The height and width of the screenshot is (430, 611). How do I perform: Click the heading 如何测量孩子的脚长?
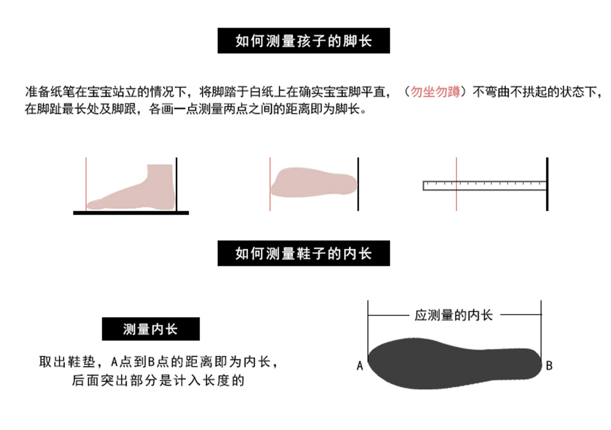pyautogui.click(x=303, y=41)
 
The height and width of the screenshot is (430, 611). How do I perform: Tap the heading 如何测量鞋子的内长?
pyautogui.click(x=303, y=253)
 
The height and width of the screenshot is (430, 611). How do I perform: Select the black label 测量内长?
pyautogui.click(x=151, y=329)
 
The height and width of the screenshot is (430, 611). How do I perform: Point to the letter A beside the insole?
pyautogui.click(x=360, y=365)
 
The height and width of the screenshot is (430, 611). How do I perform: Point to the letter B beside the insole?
pyautogui.click(x=549, y=365)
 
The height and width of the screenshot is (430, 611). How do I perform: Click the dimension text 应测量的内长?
pyautogui.click(x=454, y=316)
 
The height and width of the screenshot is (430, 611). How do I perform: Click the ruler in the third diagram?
pyautogui.click(x=484, y=185)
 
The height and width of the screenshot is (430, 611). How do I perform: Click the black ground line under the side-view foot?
pyautogui.click(x=131, y=213)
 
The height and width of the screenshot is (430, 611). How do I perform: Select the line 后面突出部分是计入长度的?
pyautogui.click(x=158, y=380)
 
